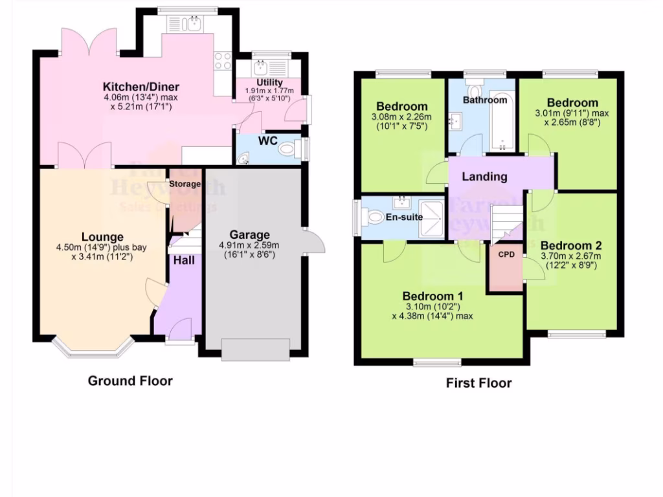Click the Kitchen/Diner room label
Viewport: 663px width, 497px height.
click(x=140, y=87)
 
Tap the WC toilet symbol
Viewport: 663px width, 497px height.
click(x=287, y=149)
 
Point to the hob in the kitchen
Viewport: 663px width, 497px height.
click(x=223, y=61)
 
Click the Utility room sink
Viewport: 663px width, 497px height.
click(x=263, y=68)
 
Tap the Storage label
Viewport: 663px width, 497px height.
click(x=185, y=184)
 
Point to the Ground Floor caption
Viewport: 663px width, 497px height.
click(x=130, y=381)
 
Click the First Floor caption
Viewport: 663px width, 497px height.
click(x=478, y=383)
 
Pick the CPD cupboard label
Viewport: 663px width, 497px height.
click(x=506, y=255)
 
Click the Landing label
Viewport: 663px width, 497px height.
click(x=484, y=177)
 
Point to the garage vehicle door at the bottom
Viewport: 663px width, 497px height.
click(x=255, y=349)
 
